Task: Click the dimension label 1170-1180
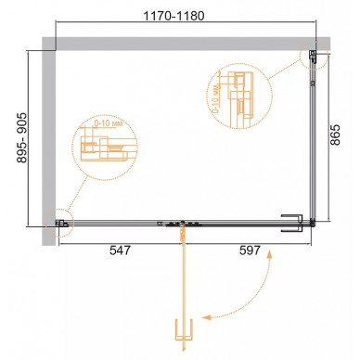(x=174, y=16)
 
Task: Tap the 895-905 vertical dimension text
(x=22, y=138)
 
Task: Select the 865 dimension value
(x=335, y=135)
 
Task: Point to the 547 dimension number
(x=121, y=251)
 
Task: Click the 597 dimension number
(x=250, y=251)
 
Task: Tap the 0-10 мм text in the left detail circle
(x=109, y=123)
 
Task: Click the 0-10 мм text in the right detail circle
(x=216, y=98)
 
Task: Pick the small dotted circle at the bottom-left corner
(x=59, y=224)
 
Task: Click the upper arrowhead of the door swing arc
(x=269, y=253)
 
